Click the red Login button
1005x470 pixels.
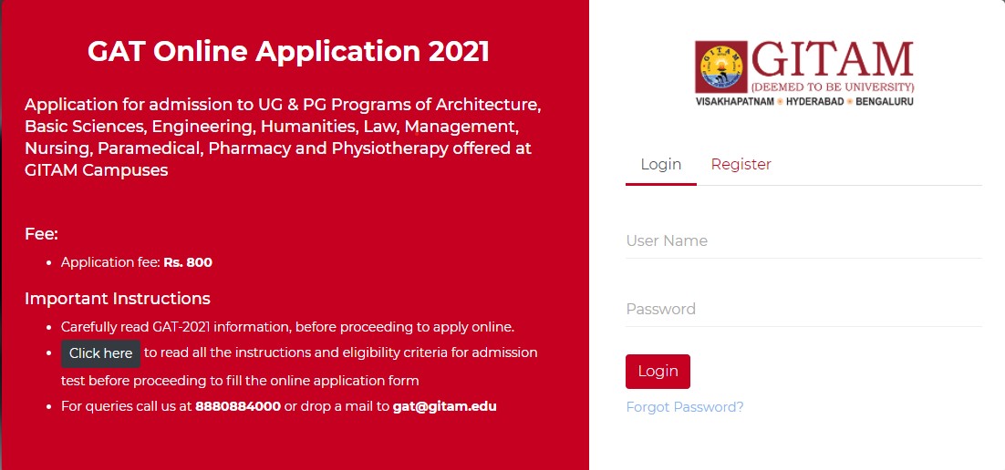click(658, 372)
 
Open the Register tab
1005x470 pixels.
click(741, 165)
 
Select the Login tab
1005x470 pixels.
click(660, 165)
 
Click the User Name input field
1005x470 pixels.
click(803, 241)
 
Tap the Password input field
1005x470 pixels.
click(803, 310)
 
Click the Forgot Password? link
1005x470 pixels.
click(684, 407)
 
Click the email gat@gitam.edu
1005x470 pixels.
click(444, 407)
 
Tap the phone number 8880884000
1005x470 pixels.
click(238, 407)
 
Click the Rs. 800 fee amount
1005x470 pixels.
click(188, 262)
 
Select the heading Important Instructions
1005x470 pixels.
click(117, 299)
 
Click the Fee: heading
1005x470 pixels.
click(41, 234)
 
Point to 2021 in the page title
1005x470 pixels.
click(460, 51)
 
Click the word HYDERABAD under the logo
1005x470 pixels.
click(812, 101)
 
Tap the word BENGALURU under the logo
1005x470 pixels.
click(884, 101)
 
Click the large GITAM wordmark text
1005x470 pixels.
click(831, 60)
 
